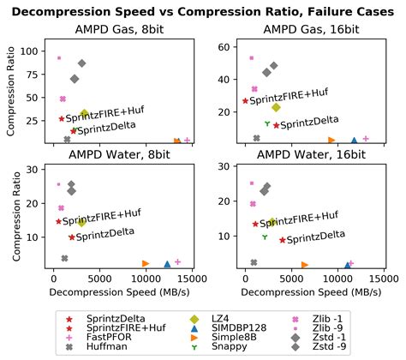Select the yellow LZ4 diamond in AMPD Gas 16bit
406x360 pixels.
pos(277,107)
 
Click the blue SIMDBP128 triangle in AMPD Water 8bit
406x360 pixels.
pos(168,264)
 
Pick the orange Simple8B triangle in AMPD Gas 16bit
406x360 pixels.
pos(331,140)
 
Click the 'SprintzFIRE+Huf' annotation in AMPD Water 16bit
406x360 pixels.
pos(296,220)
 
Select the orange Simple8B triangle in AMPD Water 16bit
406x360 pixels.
pos(305,265)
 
